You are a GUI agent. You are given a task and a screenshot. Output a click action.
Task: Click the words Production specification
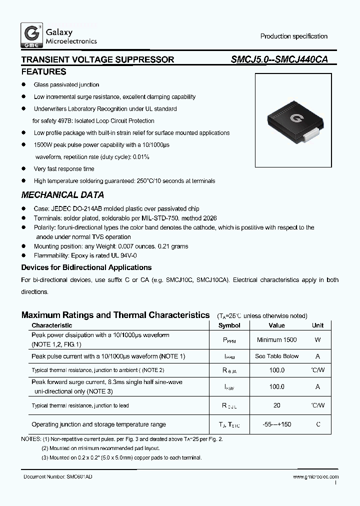(x=293, y=36)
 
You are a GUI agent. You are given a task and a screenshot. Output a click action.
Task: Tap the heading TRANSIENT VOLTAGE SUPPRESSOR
(x=97, y=59)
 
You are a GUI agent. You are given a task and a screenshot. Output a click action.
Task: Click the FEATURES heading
(x=43, y=71)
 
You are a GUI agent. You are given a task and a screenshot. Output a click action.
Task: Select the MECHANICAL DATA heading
(x=62, y=195)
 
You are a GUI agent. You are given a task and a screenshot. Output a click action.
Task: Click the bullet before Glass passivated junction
(x=23, y=85)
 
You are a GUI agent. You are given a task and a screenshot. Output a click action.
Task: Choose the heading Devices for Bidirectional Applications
(x=86, y=267)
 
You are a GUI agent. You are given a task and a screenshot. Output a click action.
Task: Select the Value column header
(x=276, y=325)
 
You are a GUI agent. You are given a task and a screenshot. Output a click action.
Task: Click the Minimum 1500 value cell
(x=276, y=340)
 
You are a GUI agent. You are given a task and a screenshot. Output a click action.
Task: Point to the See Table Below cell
(x=276, y=356)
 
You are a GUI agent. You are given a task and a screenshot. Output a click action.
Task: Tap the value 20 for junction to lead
(x=276, y=405)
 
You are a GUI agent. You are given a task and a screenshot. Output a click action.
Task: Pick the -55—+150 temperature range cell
(x=276, y=424)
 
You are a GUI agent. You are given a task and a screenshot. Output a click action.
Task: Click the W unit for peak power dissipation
(x=317, y=340)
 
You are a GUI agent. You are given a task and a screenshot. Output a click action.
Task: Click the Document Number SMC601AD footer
(x=57, y=477)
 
